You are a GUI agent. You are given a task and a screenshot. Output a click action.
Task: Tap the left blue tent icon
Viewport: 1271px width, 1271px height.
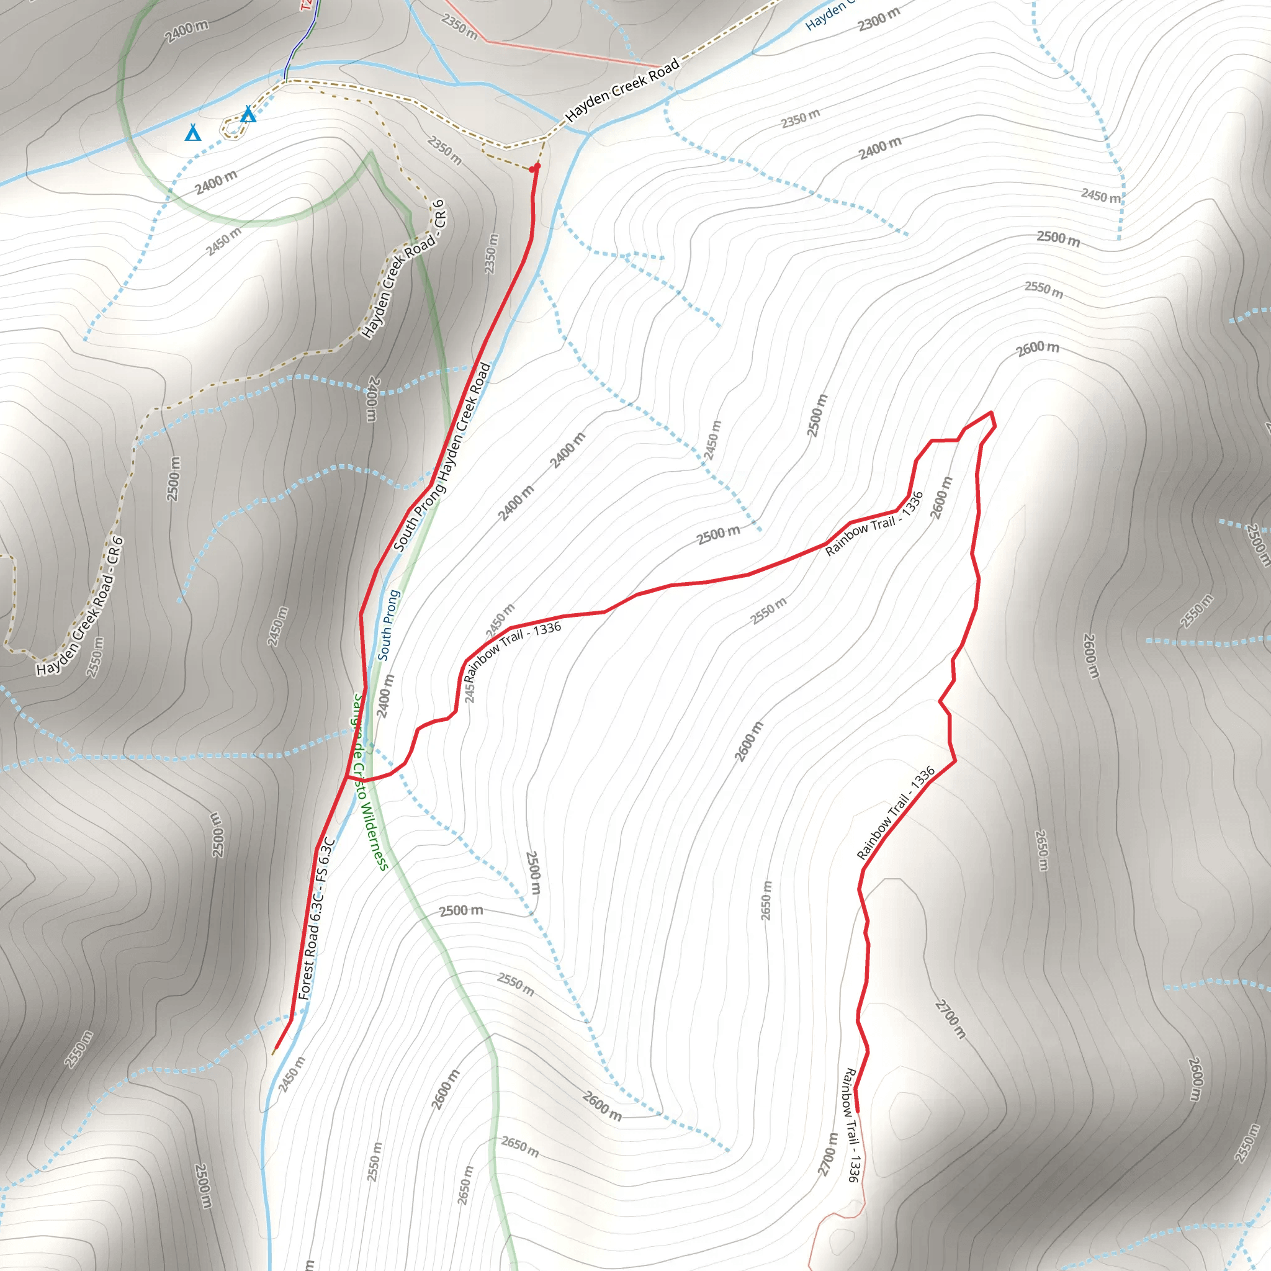[193, 133]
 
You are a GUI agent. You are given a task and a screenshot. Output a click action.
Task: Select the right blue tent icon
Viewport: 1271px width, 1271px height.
[248, 115]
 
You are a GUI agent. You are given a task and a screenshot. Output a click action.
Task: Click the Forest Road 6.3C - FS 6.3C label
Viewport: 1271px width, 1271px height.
[317, 919]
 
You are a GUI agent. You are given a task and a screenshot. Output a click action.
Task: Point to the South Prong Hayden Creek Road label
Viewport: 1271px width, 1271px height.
[442, 457]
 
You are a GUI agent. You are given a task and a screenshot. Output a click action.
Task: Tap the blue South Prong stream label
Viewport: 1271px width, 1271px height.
[388, 625]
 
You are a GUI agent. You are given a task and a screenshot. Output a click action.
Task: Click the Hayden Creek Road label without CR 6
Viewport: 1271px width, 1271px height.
[622, 90]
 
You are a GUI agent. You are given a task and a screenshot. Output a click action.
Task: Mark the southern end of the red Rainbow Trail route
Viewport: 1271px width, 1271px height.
[857, 1112]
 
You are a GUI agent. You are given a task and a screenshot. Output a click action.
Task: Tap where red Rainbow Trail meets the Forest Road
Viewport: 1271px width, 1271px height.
[347, 777]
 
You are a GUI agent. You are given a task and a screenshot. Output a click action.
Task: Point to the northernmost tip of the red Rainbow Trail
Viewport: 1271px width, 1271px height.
[990, 413]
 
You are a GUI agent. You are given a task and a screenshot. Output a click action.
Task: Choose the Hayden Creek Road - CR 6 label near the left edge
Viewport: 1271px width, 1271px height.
[79, 606]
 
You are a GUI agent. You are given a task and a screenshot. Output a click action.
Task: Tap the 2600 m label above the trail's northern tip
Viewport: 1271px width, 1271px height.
[1038, 348]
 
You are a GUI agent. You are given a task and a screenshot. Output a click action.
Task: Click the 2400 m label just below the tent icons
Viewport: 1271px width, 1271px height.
[216, 182]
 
